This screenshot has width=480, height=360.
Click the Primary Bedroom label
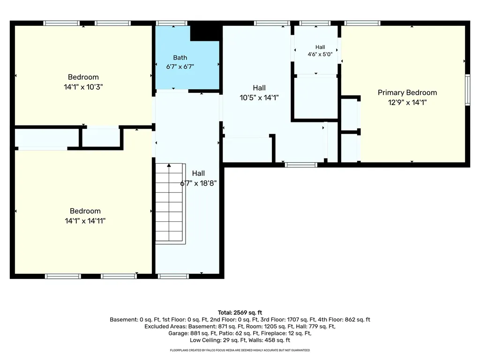click(407, 92)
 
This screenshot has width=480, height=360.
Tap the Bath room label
click(180, 58)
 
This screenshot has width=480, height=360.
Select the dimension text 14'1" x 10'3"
click(83, 87)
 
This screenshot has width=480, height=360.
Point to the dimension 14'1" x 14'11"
click(85, 221)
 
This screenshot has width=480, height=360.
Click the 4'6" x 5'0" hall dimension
click(320, 54)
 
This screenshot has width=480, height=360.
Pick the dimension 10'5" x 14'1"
click(259, 97)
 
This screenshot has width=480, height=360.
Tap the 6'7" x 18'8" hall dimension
click(198, 183)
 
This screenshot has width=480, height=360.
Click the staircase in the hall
click(170, 203)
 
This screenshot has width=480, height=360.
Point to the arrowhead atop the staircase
click(169, 165)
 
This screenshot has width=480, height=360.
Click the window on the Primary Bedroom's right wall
click(467, 90)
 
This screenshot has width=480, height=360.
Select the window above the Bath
click(172, 23)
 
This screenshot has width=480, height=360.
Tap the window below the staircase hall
click(173, 277)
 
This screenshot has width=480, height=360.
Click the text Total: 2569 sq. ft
click(240, 313)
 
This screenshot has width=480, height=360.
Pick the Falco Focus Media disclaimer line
click(240, 350)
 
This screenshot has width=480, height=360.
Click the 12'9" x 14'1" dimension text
click(407, 102)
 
